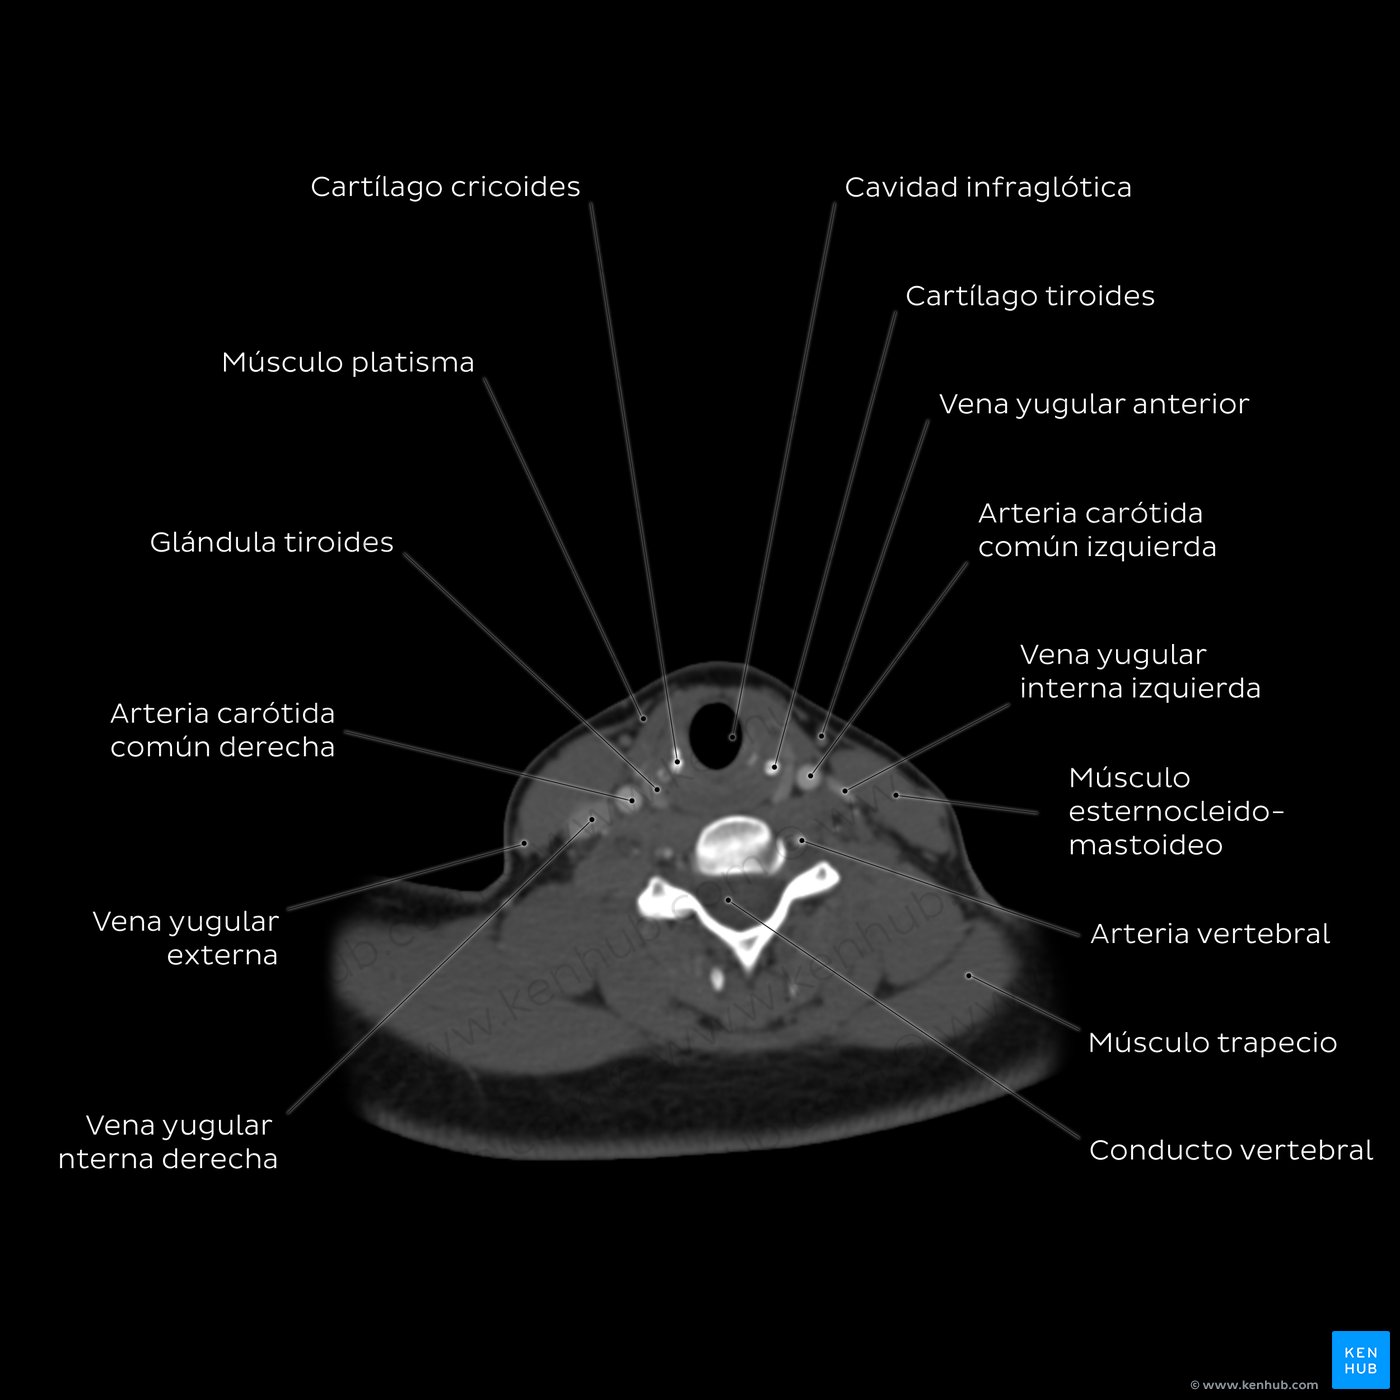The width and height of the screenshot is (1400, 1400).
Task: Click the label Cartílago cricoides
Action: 445,187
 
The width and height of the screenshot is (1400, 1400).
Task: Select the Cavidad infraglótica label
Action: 988,188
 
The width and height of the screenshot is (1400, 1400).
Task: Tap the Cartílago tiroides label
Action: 1029,296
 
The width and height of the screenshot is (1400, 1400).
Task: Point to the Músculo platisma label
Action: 348,363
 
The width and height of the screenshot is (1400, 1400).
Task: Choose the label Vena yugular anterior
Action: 1094,405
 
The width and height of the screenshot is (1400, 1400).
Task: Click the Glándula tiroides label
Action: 272,543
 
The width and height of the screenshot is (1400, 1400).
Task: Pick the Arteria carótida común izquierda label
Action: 1097,530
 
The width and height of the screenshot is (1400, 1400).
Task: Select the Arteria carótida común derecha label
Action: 223,730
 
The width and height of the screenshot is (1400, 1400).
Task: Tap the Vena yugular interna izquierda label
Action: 1140,672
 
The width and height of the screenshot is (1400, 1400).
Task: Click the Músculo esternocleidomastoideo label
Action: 1176,812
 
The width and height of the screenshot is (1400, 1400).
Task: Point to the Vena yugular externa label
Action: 186,938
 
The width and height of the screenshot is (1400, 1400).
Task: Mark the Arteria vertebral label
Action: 1210,934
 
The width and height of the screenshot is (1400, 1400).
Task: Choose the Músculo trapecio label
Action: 1213,1043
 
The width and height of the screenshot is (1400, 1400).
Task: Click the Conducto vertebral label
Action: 1231,1151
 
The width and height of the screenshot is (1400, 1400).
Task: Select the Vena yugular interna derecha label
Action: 168,1142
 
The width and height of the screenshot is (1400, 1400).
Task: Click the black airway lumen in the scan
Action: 716,735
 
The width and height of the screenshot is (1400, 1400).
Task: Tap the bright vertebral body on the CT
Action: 737,844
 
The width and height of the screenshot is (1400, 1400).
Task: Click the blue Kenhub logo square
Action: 1361,1360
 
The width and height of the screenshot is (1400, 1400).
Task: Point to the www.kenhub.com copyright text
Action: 1254,1385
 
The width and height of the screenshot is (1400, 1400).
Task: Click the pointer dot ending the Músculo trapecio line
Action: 968,976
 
